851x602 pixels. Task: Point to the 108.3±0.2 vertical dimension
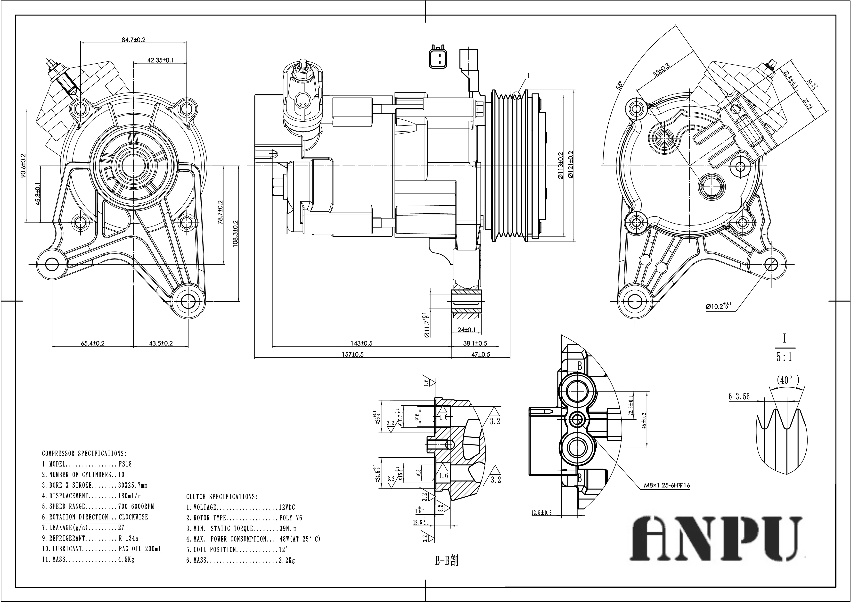(x=235, y=234)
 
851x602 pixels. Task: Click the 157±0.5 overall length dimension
(x=352, y=354)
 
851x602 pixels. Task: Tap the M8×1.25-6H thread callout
(x=666, y=485)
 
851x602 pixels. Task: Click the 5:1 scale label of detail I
(x=784, y=357)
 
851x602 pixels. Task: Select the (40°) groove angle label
(x=788, y=380)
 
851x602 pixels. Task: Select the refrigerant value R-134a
(x=128, y=538)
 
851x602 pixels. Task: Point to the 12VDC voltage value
(x=287, y=507)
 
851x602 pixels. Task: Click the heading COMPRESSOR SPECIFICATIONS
(x=84, y=453)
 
